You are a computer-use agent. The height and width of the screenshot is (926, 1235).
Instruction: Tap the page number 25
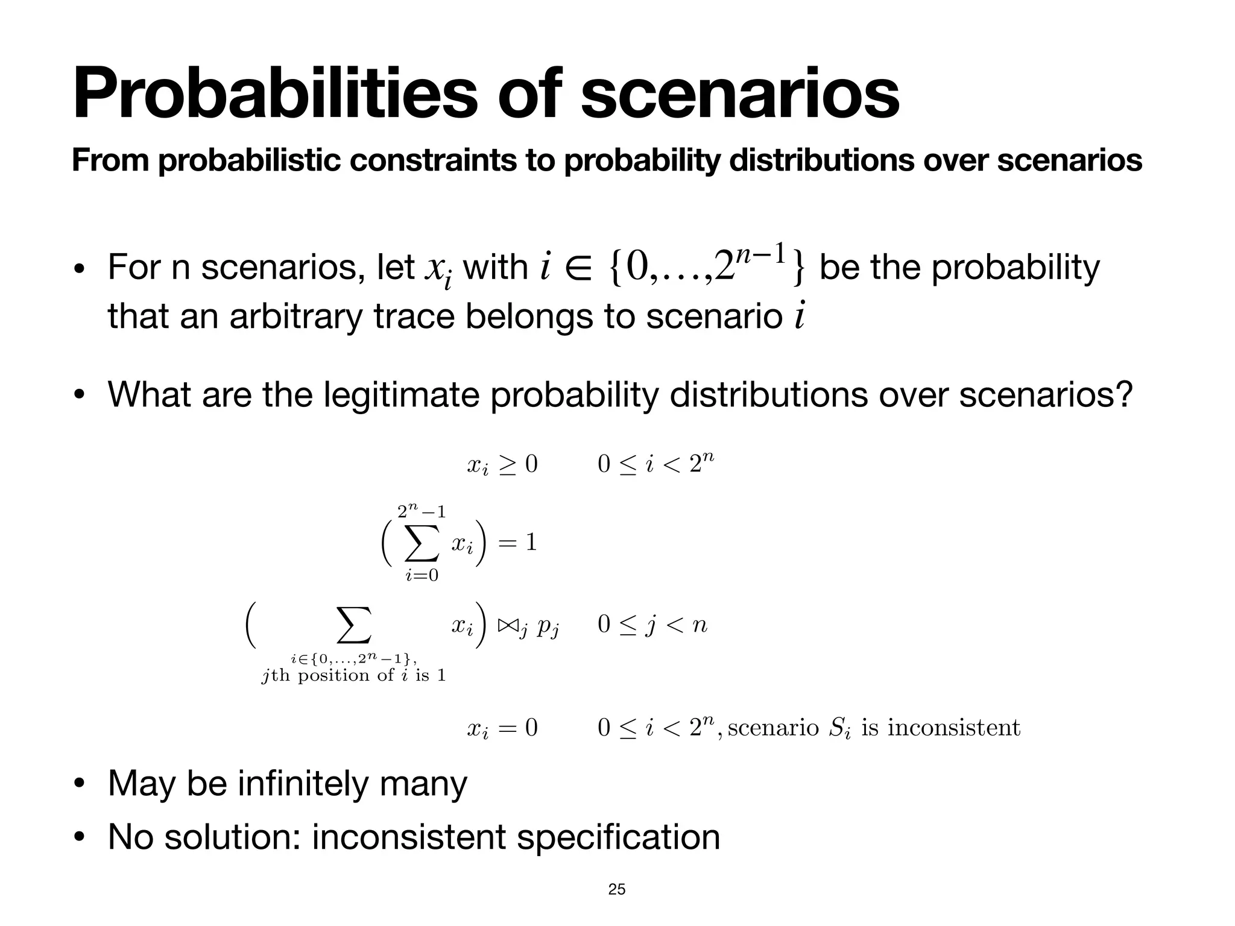pos(617,889)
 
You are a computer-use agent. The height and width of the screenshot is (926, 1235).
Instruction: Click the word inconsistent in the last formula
pos(954,728)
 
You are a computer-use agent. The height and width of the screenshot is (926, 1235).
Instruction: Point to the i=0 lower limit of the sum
pos(422,576)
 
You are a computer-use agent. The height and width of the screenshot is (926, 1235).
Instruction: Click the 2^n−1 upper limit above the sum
pos(422,512)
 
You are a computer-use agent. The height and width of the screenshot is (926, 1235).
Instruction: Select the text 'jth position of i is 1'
pos(353,676)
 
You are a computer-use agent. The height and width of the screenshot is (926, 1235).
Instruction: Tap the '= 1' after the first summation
pos(517,543)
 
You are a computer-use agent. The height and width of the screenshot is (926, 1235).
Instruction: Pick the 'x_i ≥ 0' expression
pos(502,465)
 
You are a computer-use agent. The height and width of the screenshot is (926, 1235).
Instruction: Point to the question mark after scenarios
pos(1124,395)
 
